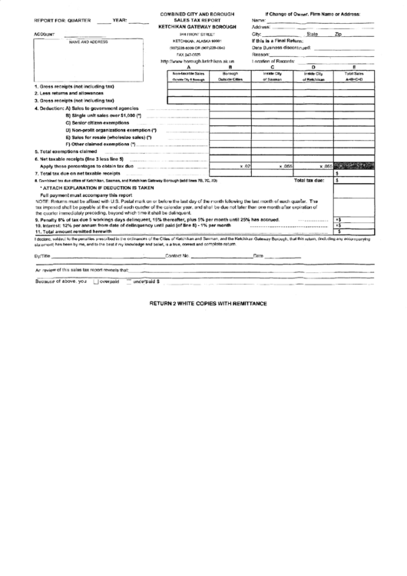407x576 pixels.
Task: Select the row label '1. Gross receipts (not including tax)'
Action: (x=81, y=87)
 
